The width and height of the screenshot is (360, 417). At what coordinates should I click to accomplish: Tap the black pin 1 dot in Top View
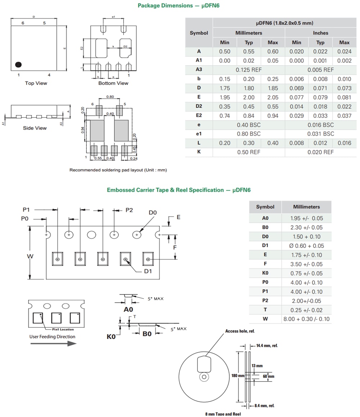click(x=18, y=65)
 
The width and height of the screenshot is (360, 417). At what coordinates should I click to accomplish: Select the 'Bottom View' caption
click(x=113, y=83)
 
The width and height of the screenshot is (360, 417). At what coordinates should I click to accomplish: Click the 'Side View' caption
click(x=35, y=128)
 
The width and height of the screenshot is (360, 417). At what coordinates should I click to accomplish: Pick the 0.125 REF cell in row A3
click(x=248, y=70)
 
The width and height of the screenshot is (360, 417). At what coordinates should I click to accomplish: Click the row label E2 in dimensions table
click(x=199, y=115)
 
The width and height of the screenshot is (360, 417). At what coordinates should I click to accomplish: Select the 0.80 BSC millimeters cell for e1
click(x=248, y=133)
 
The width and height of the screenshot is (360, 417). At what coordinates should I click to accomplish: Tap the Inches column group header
click(x=320, y=33)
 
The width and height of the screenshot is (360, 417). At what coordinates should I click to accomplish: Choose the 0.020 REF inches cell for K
click(x=320, y=152)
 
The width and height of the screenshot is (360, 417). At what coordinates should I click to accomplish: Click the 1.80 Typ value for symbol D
click(x=248, y=88)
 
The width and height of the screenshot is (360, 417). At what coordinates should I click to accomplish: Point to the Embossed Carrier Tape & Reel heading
click(x=179, y=190)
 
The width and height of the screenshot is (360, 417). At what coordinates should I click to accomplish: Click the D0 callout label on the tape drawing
click(x=153, y=213)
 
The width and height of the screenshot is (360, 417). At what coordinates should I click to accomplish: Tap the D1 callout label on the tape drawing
click(x=148, y=271)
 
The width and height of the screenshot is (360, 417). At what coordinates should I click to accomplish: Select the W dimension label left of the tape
click(x=30, y=256)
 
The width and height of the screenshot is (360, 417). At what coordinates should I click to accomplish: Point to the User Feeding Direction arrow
click(x=53, y=343)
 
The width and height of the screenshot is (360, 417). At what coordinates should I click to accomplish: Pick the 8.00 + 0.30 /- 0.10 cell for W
click(x=306, y=319)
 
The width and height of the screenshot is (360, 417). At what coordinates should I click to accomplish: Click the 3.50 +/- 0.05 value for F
click(x=306, y=264)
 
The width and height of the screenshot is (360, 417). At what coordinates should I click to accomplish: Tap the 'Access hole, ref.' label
click(x=240, y=331)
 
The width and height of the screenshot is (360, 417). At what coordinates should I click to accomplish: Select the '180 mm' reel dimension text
click(x=238, y=376)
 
